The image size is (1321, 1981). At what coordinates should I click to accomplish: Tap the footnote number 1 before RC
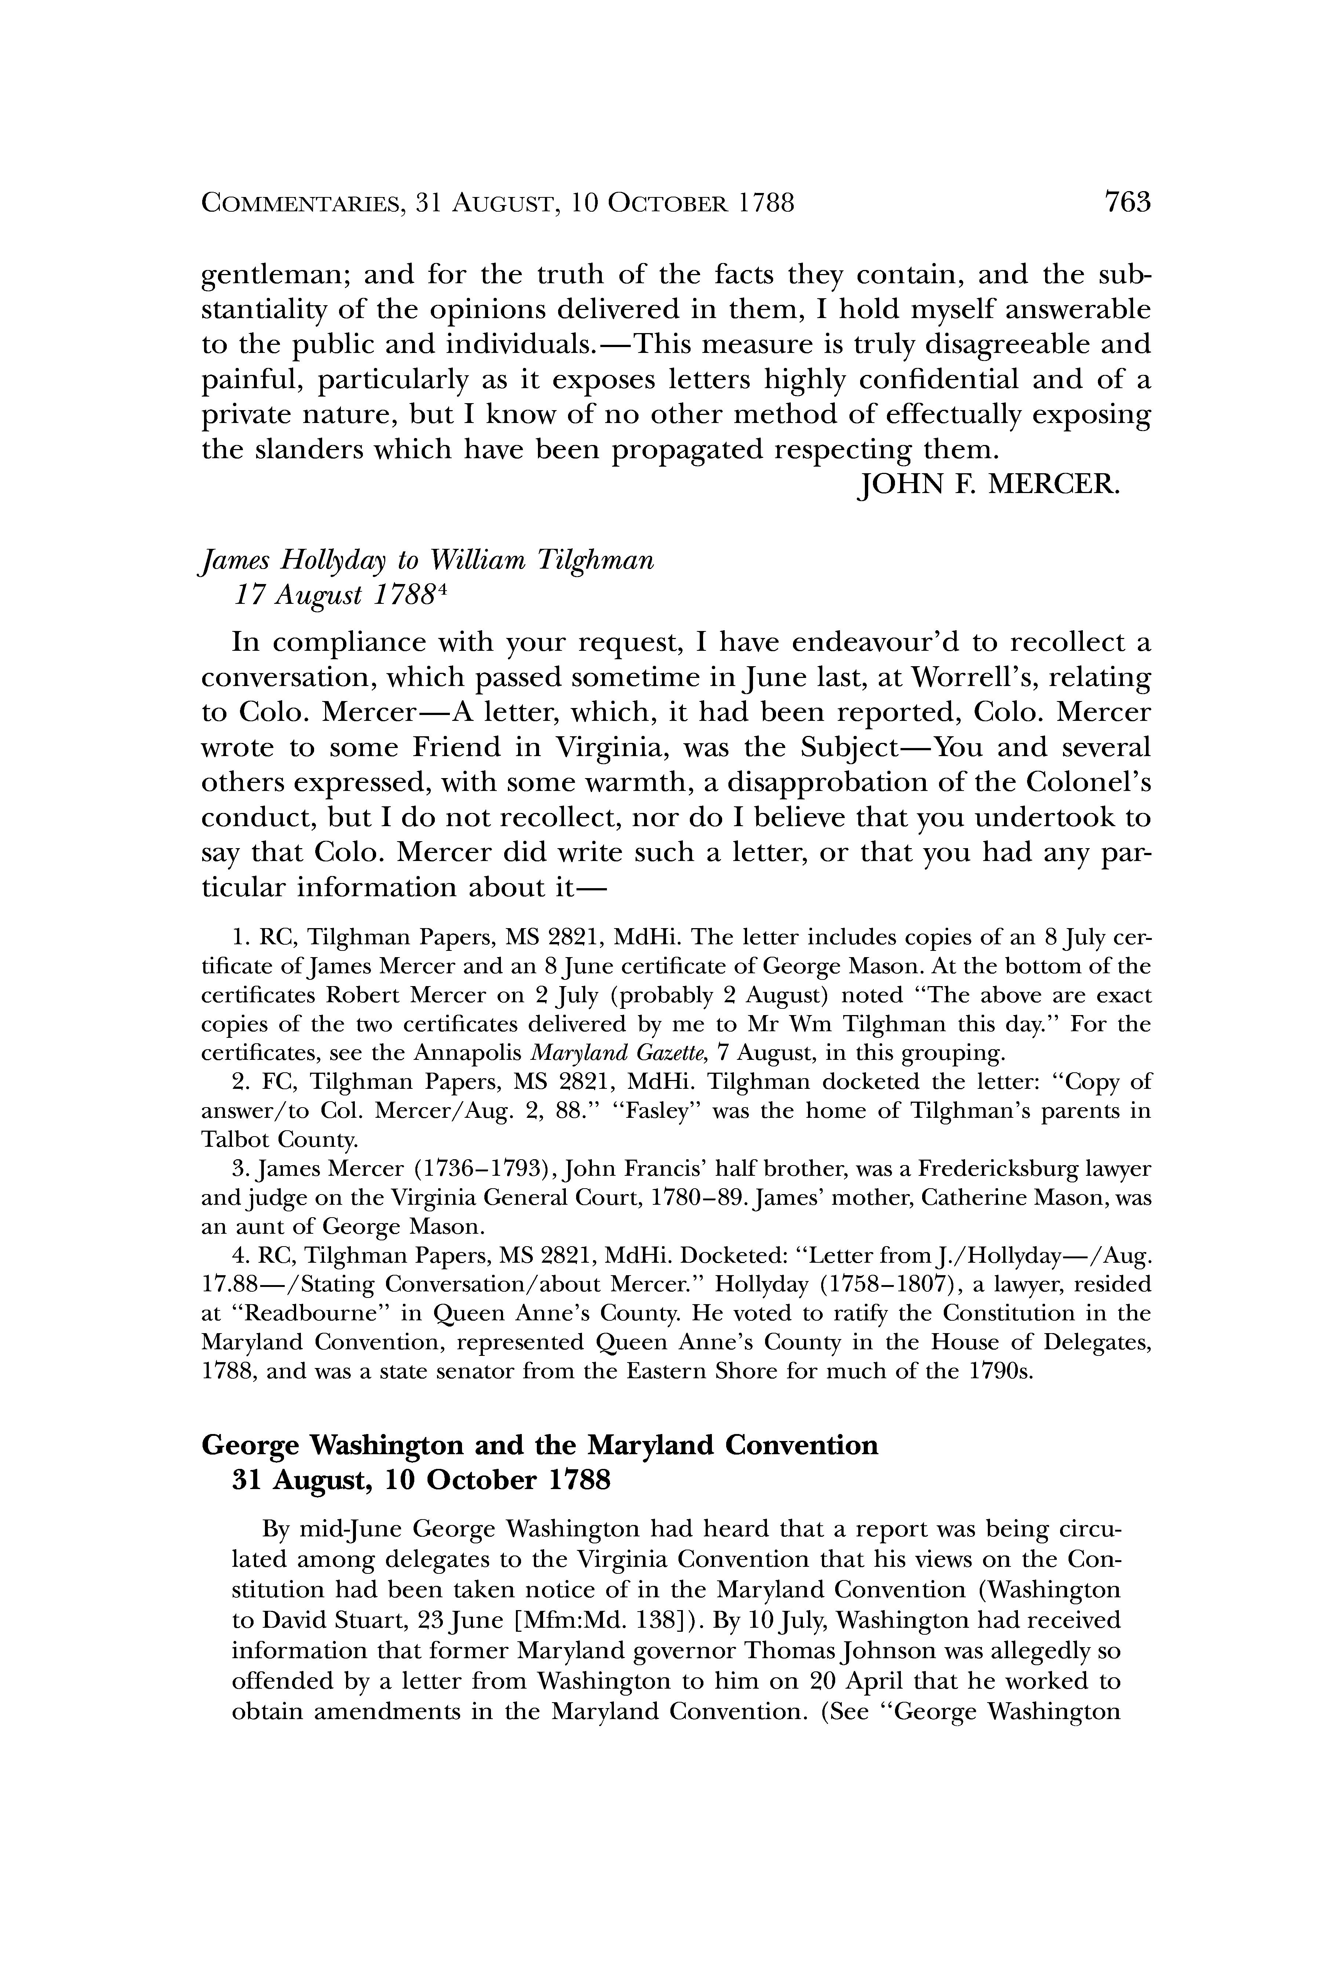tap(239, 938)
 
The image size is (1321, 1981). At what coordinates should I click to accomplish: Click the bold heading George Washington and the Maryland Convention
tap(539, 1445)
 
